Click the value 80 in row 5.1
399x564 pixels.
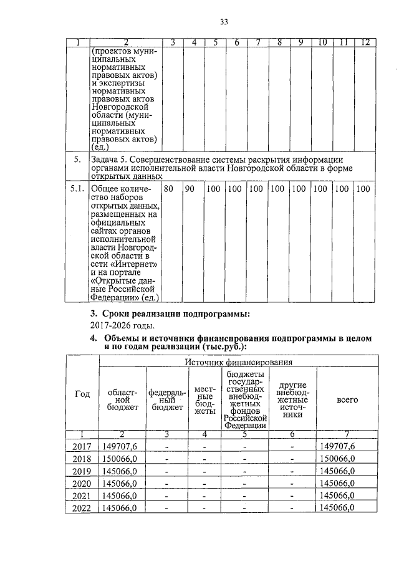coord(168,188)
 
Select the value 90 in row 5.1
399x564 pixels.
coord(189,188)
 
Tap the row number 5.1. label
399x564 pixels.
coord(78,188)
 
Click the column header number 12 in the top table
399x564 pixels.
coord(365,42)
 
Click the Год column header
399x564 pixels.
coord(82,394)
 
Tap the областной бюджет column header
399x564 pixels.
coord(122,399)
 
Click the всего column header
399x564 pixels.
coord(347,399)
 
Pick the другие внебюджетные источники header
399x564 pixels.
coord(292,399)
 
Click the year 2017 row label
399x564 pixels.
coord(82,446)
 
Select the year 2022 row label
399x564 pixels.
coord(82,508)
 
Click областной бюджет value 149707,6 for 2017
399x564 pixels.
coord(118,446)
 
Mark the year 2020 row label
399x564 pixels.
coord(82,483)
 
